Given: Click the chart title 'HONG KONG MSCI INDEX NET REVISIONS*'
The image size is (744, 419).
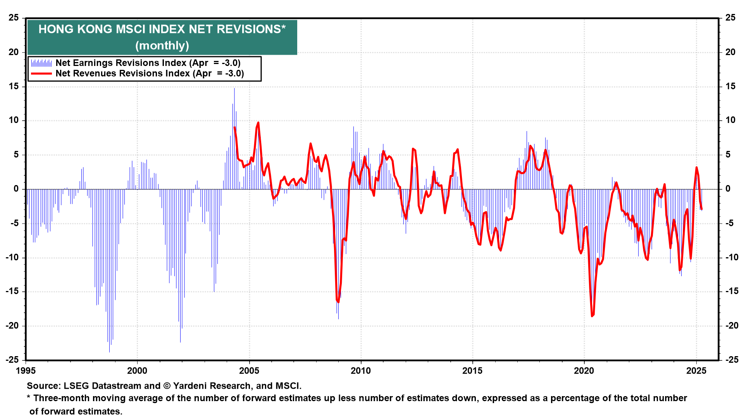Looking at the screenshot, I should coord(162,29).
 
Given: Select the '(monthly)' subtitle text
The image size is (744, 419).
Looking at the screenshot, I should coord(162,45).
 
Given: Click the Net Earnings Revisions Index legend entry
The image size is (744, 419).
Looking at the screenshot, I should coord(148,63).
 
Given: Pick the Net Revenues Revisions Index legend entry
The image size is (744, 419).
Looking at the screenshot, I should coord(150,73).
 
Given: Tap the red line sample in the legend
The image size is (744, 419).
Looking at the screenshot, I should coord(41,73).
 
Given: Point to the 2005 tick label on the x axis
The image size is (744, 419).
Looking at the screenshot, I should coord(249,371).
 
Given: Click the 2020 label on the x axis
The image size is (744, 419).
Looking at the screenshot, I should coord(584,371).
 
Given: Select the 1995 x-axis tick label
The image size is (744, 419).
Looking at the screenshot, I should coord(26,371).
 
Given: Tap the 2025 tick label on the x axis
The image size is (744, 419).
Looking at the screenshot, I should coord(696,371).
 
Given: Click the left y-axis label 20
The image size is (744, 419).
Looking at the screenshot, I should coord(14,52).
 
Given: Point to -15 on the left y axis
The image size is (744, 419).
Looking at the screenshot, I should coord(12,291).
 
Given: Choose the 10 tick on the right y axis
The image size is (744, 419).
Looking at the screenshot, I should coord(730,120).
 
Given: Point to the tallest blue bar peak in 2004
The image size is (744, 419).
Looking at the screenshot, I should coord(234,89).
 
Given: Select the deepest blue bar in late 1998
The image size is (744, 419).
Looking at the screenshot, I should coord(109,351).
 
